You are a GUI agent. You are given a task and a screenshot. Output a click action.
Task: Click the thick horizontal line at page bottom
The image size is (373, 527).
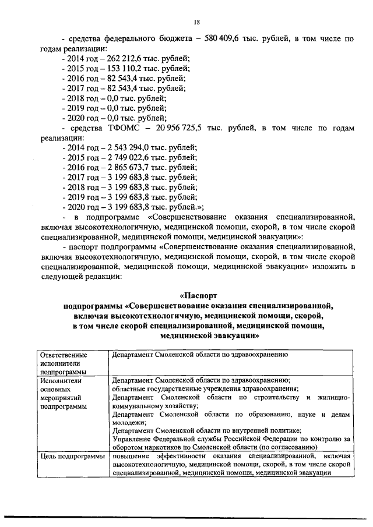click(186, 517)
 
